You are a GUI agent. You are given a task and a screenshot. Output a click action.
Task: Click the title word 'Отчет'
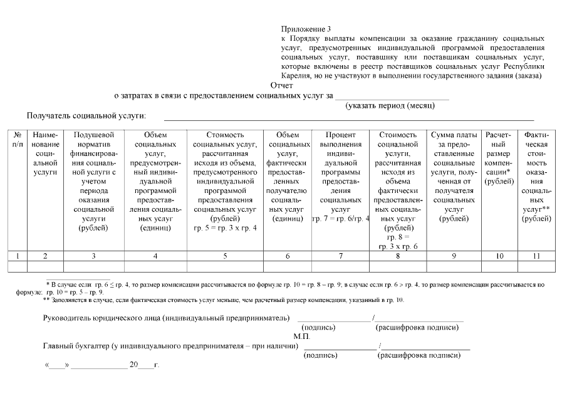pyautogui.click(x=281, y=85)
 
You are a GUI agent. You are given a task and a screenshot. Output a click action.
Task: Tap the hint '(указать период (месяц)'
pyautogui.click(x=390, y=105)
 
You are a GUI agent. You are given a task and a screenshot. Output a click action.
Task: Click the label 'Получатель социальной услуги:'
pyautogui.click(x=86, y=116)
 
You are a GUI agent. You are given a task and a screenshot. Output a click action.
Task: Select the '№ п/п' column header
pyautogui.click(x=18, y=140)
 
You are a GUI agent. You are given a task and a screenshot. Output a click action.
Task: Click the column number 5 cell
pyautogui.click(x=225, y=256)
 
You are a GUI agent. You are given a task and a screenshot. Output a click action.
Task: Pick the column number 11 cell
pyautogui.click(x=537, y=256)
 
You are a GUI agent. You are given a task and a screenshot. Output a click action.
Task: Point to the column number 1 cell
pyautogui.click(x=18, y=256)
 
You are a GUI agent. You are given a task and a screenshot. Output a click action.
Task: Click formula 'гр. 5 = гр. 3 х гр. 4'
pyautogui.click(x=225, y=227)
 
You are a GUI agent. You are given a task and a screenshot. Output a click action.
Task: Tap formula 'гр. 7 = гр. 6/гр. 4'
pyautogui.click(x=340, y=218)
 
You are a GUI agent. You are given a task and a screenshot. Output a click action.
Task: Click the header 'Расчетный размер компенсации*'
pyautogui.click(x=498, y=157)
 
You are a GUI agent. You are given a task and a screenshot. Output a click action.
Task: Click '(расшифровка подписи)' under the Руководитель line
pyautogui.click(x=416, y=327)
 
